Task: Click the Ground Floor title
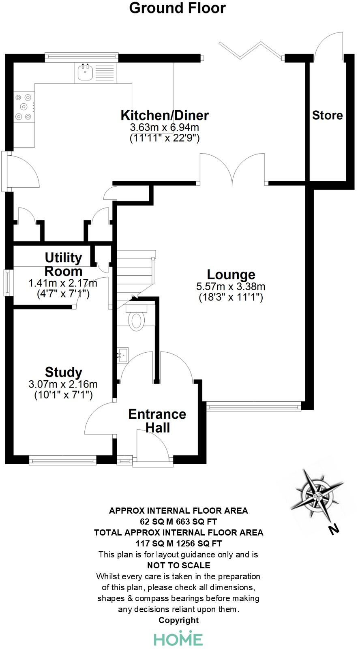(177, 8)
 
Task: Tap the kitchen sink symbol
(86, 72)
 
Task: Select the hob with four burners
(24, 107)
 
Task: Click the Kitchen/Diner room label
(165, 115)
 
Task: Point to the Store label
(327, 116)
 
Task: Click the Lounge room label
(231, 274)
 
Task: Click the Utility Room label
(63, 264)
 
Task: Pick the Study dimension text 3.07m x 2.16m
(63, 383)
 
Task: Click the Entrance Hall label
(157, 421)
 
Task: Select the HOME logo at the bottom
(178, 639)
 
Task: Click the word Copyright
(178, 620)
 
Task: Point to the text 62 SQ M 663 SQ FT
(178, 521)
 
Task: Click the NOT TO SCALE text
(178, 565)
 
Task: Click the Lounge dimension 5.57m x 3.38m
(231, 287)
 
